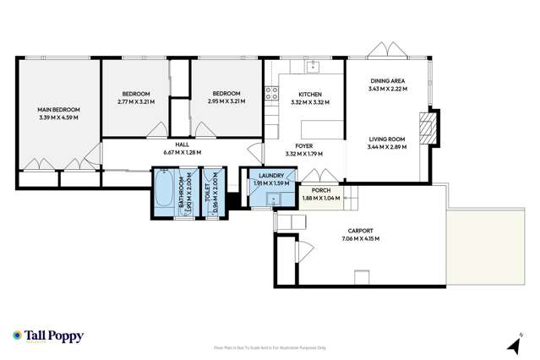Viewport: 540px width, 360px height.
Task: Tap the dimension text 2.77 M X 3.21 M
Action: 135,101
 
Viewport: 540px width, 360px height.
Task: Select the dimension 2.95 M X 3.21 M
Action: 226,101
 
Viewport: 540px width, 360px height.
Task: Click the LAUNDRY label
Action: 271,176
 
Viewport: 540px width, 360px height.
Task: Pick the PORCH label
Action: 321,191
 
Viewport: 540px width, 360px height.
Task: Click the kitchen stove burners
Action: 270,94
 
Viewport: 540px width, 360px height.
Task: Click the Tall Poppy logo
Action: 47,335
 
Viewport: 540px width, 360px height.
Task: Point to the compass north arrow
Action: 512,346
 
